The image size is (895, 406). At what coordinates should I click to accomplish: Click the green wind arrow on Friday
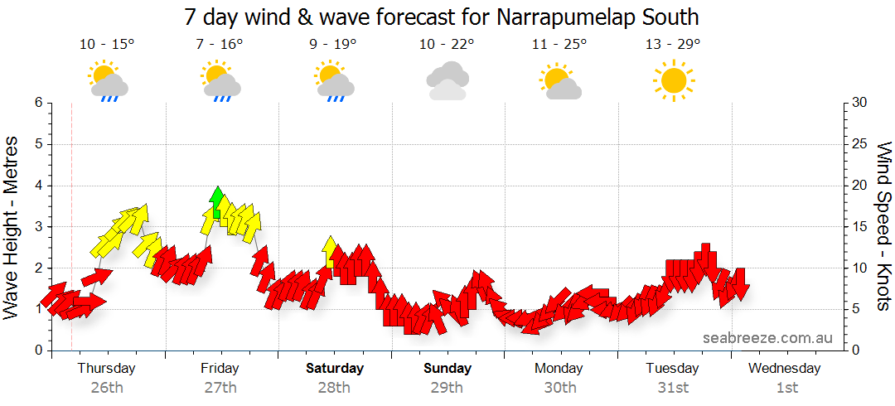tap(217, 201)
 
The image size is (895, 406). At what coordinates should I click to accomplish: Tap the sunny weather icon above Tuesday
tap(673, 80)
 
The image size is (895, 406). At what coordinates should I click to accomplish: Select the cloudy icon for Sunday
tap(447, 80)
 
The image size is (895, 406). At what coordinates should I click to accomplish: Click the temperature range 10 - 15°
tap(107, 44)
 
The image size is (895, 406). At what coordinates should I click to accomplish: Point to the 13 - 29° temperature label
tap(673, 44)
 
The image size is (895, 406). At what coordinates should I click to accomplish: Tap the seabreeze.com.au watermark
tap(767, 337)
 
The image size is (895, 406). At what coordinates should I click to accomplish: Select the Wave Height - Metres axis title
tap(12, 226)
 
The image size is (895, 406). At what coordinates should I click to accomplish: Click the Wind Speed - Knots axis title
tap(883, 226)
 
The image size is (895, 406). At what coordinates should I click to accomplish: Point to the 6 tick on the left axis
tap(37, 103)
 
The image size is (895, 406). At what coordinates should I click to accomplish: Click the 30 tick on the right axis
tap(859, 103)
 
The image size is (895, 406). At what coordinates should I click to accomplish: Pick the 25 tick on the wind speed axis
tap(859, 144)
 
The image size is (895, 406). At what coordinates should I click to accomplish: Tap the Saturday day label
tap(334, 368)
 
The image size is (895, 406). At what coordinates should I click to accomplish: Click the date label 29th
tap(447, 387)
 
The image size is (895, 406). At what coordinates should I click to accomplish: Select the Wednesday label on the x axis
tap(786, 368)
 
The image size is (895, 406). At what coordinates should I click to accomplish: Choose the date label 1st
tap(786, 387)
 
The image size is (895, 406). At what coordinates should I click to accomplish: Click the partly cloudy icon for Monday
tap(560, 81)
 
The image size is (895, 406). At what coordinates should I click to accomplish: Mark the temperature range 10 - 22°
tap(447, 44)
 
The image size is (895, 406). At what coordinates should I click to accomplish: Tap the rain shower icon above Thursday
tap(108, 81)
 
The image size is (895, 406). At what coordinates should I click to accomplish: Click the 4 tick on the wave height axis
tap(37, 186)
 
